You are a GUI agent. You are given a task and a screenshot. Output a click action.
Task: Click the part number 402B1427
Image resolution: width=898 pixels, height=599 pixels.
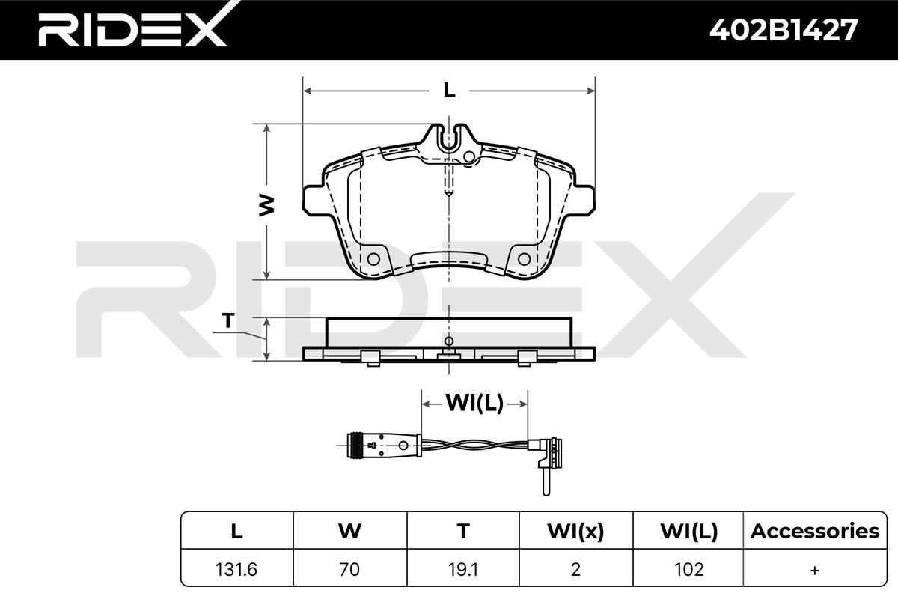pyautogui.click(x=784, y=30)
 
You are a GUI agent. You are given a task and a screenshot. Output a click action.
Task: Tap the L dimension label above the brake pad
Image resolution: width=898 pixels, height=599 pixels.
pyautogui.click(x=449, y=91)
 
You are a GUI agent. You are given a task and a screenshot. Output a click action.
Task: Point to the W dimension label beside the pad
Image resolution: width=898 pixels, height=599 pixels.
pyautogui.click(x=266, y=206)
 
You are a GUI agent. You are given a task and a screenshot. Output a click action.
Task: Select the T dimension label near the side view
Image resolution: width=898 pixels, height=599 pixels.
pyautogui.click(x=228, y=321)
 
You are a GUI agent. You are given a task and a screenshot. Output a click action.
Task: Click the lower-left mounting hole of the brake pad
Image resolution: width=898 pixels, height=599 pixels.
pyautogui.click(x=373, y=259)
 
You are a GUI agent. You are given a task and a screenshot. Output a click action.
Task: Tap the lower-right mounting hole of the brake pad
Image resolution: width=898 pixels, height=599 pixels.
pyautogui.click(x=524, y=259)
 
